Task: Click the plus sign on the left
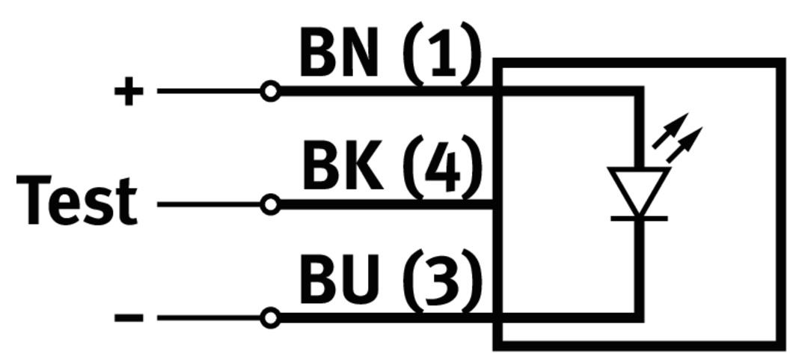pyautogui.click(x=128, y=92)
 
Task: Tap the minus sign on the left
pyautogui.click(x=128, y=318)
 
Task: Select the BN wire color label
pyautogui.click(x=338, y=54)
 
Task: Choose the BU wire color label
pyautogui.click(x=338, y=281)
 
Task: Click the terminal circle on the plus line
pyautogui.click(x=271, y=92)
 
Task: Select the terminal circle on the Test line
pyautogui.click(x=271, y=204)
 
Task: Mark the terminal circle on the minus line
pyautogui.click(x=271, y=318)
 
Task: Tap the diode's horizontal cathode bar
pyautogui.click(x=638, y=218)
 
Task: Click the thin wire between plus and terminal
pyautogui.click(x=209, y=92)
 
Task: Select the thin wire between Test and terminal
pyautogui.click(x=209, y=204)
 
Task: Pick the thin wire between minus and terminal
pyautogui.click(x=209, y=318)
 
